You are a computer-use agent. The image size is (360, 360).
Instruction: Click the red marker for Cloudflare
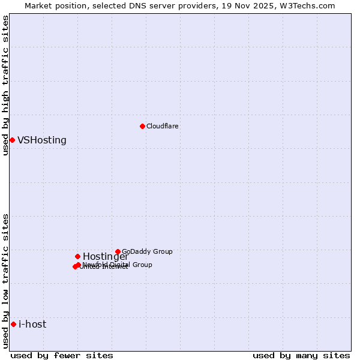coord(142,126)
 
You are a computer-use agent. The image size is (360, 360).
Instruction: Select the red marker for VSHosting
coord(12,140)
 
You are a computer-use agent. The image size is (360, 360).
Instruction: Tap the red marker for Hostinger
coord(77,256)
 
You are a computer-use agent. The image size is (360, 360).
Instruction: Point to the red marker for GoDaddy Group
coord(118,251)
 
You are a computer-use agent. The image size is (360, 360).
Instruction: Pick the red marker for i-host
coord(13,324)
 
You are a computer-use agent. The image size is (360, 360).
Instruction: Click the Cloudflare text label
coord(163,126)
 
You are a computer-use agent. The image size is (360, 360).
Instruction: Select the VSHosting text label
coord(42,140)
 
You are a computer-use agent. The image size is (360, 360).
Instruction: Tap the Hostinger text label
coord(106,257)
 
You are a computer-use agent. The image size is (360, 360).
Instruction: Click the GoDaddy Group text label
coord(147,251)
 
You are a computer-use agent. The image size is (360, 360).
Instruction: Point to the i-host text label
coord(32,325)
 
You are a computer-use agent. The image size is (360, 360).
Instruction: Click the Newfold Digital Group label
coord(118,265)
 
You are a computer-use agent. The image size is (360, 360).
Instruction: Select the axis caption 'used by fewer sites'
coord(62,356)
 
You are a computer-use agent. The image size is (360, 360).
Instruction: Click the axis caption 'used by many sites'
coord(301,356)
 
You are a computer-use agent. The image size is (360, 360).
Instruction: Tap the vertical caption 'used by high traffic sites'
coord(5,85)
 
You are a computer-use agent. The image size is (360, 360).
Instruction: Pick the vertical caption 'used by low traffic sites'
coord(5,281)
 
